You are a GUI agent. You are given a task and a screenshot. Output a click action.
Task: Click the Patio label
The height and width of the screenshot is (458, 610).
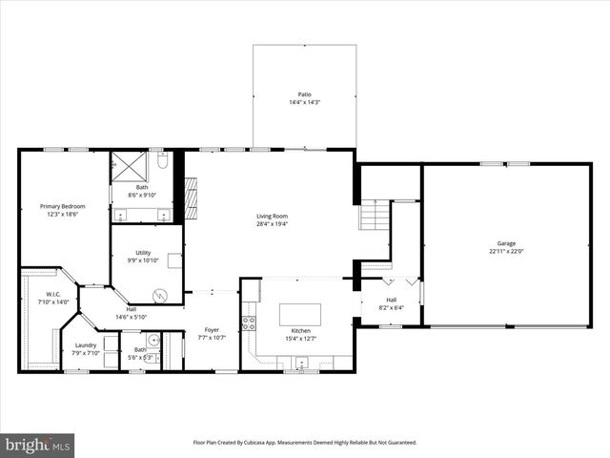click(x=304, y=94)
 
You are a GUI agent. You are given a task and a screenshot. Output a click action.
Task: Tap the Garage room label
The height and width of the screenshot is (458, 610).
click(x=506, y=243)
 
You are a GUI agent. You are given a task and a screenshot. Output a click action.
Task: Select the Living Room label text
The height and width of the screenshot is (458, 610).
click(x=272, y=216)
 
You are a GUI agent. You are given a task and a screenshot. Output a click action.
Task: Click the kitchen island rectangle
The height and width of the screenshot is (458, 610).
click(x=299, y=314)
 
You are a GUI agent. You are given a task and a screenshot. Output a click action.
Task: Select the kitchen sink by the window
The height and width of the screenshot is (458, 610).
click(x=301, y=363)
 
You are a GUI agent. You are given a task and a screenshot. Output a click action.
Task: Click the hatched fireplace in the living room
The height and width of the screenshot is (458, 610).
click(x=191, y=198)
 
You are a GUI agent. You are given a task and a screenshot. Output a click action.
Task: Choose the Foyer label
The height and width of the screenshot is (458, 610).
click(x=212, y=329)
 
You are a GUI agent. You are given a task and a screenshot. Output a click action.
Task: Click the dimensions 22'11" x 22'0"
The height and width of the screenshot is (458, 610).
click(x=506, y=251)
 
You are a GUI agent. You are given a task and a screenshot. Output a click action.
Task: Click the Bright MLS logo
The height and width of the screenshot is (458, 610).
click(x=38, y=445)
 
